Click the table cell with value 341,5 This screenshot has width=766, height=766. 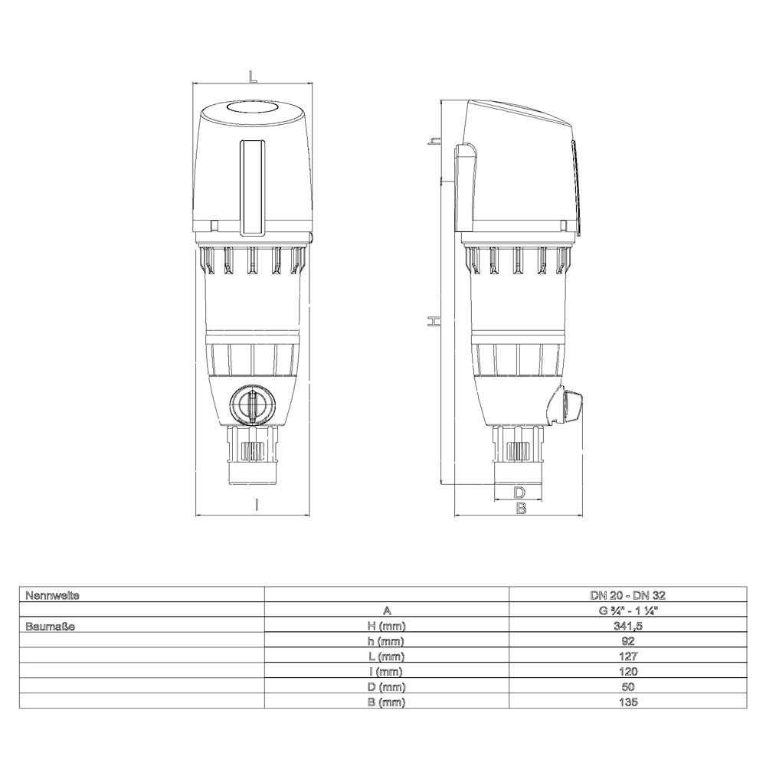click(628, 625)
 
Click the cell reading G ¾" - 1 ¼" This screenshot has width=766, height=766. click(628, 610)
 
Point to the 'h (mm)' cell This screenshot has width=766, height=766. click(387, 640)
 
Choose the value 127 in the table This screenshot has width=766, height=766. click(628, 656)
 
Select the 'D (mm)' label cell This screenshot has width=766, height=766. click(387, 686)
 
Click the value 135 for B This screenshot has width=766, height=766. click(628, 702)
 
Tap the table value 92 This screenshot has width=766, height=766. click(628, 640)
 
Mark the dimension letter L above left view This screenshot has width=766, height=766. click(253, 75)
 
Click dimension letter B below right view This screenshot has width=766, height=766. click(521, 508)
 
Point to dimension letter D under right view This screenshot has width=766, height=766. click(519, 492)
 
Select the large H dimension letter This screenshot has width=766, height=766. click(434, 321)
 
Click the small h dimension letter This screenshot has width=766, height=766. click(434, 141)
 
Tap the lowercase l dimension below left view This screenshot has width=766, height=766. click(257, 504)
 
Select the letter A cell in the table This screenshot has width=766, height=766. click(387, 610)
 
